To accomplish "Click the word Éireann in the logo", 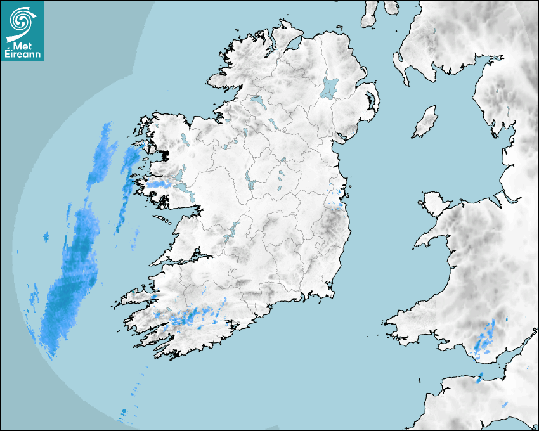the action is point(22,55).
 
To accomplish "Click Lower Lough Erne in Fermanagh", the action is point(258,101).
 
